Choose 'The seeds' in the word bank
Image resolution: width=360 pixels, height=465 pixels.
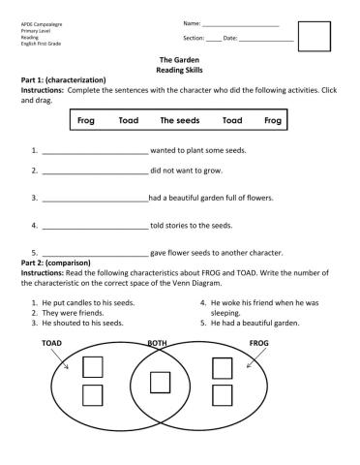(x=180, y=121)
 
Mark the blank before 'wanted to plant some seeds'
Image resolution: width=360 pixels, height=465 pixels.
(x=94, y=152)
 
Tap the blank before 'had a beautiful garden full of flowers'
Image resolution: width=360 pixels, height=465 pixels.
(x=94, y=199)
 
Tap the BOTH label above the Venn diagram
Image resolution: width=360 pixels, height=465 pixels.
(x=157, y=343)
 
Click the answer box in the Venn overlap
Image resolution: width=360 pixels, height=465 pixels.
(x=161, y=382)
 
